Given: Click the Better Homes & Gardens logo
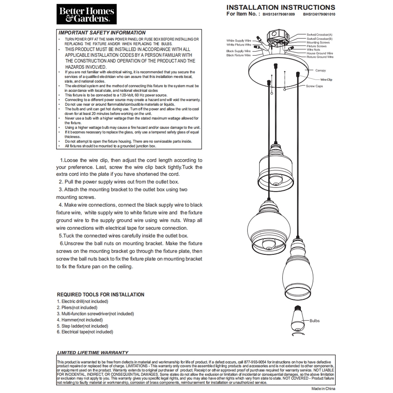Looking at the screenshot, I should click(86, 14).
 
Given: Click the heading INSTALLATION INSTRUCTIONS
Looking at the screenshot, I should click(281, 7).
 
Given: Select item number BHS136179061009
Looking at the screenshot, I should click(279, 14).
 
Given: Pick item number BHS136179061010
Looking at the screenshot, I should click(319, 14).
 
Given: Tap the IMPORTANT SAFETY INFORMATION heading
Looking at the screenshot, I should click(102, 33).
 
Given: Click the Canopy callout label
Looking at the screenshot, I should click(320, 70).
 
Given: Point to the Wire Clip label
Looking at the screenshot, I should click(326, 80).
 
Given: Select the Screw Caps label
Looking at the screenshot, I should click(314, 86).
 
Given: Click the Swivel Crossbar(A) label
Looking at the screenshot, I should click(319, 35).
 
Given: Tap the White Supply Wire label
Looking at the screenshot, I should click(239, 41).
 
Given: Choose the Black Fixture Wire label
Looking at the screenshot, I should click(238, 55).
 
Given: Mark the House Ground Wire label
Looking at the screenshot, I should click(320, 53).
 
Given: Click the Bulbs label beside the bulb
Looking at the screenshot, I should click(314, 321).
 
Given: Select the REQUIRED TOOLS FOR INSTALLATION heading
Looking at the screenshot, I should click(101, 294).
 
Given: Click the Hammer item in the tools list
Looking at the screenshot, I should click(80, 320).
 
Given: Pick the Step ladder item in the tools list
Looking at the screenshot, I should click(82, 326).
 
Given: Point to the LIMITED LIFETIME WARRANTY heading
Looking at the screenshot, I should click(93, 353).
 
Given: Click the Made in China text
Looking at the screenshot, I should click(323, 389).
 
